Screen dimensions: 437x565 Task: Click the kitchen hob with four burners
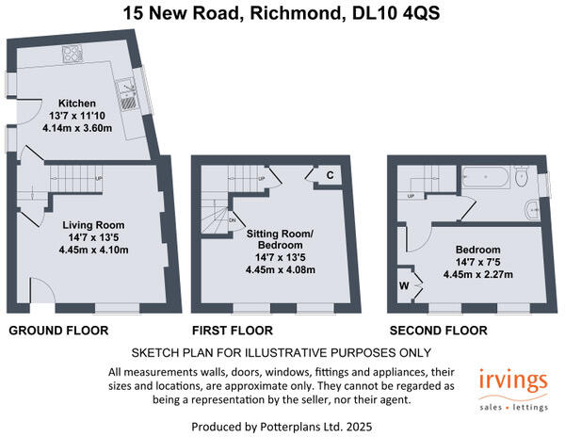(70, 54)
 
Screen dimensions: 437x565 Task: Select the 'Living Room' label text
(93, 225)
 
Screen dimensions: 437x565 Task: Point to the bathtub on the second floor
(488, 176)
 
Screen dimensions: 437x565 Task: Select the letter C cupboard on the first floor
(331, 175)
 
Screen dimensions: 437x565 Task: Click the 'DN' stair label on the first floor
(232, 220)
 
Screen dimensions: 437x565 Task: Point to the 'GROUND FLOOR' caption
(58, 331)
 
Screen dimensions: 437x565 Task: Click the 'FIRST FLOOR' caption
(232, 331)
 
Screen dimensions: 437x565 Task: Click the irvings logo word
(512, 381)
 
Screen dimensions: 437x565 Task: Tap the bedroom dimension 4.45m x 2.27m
(478, 275)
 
